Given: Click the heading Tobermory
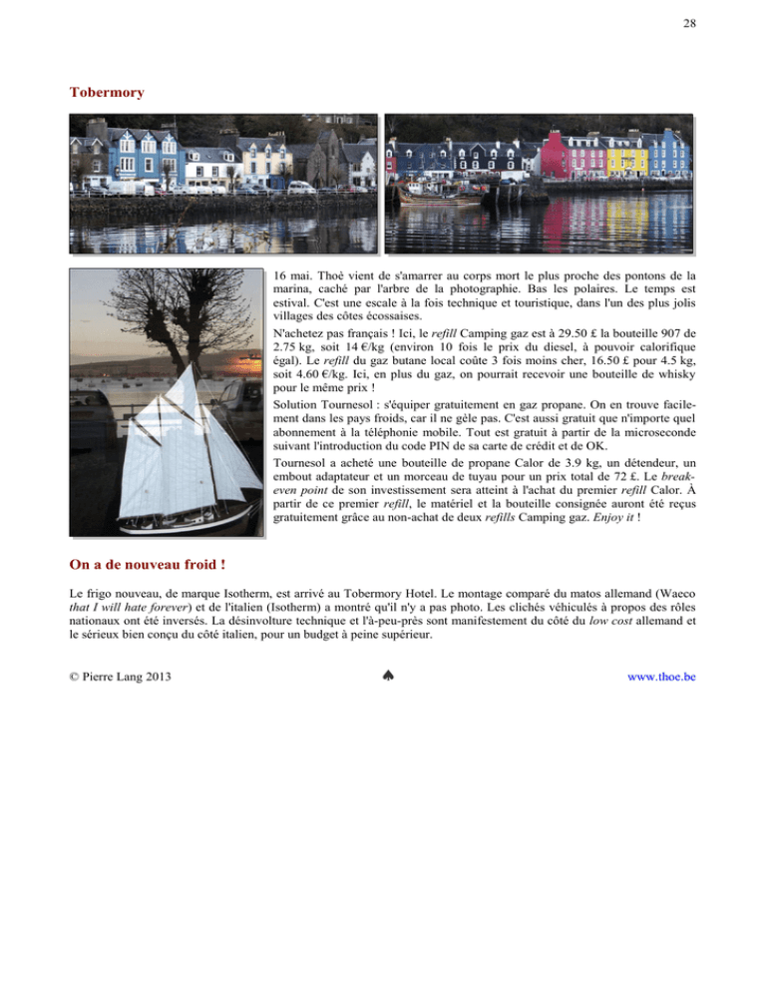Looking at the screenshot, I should pos(107,92).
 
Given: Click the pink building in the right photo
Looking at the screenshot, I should pos(555,157).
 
